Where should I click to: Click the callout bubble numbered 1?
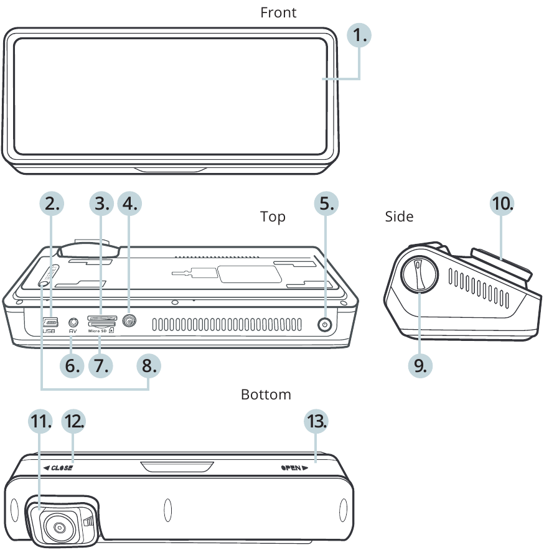click(x=359, y=36)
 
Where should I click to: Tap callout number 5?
click(x=325, y=203)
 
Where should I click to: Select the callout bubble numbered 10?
click(x=502, y=203)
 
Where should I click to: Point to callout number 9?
click(x=420, y=364)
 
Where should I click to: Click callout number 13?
click(x=316, y=421)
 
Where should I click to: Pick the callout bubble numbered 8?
click(x=148, y=365)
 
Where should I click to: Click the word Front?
click(x=278, y=12)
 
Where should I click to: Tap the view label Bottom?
click(x=266, y=395)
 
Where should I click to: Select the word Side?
click(x=399, y=217)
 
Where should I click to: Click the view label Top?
click(x=273, y=217)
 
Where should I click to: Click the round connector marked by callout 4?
click(x=130, y=322)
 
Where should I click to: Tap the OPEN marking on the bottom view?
click(x=294, y=467)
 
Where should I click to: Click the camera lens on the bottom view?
click(x=60, y=528)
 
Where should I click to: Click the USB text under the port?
click(x=49, y=332)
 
